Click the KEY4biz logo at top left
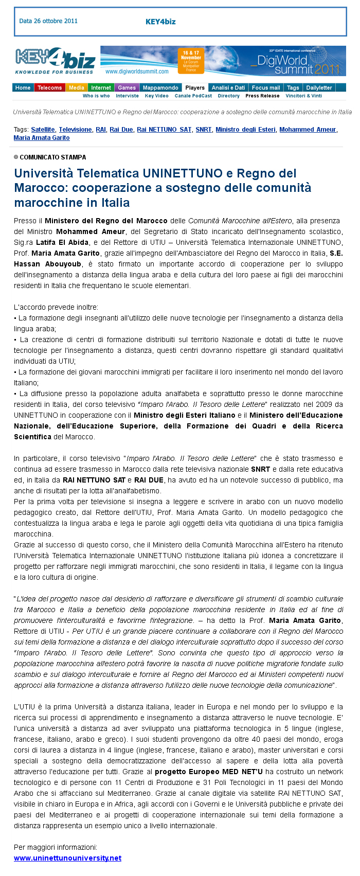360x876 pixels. [55, 61]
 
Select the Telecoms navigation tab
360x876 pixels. [49, 87]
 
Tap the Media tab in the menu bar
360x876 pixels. [77, 87]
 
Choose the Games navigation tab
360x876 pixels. [127, 87]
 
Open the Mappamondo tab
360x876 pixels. [160, 87]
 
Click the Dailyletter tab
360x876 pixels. [319, 87]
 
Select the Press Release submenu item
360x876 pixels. [262, 96]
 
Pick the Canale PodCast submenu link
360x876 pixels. [193, 96]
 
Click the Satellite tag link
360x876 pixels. [43, 130]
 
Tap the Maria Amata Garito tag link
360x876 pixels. [42, 138]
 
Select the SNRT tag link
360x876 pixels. [204, 130]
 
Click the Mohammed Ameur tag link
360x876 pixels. [308, 130]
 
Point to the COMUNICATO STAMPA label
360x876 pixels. [53, 157]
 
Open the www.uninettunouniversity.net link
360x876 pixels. [68, 858]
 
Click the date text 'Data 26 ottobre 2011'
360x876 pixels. [48, 21]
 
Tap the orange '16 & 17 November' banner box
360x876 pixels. [191, 61]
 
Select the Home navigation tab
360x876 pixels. [23, 87]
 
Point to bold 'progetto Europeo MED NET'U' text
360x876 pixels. [209, 772]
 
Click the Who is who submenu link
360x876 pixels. [96, 96]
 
